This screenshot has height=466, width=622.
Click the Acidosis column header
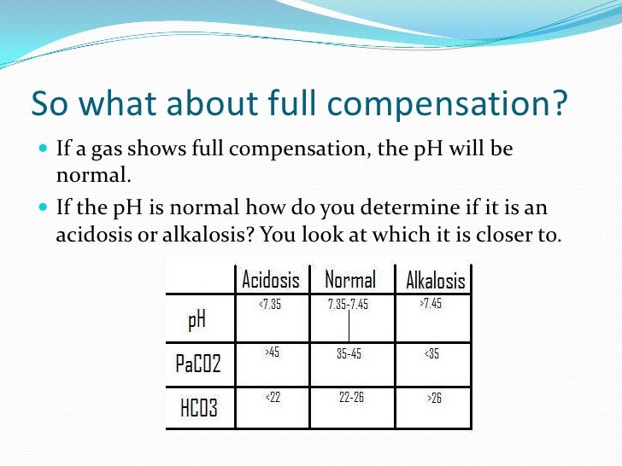click(x=271, y=280)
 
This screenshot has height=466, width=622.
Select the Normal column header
click(x=349, y=280)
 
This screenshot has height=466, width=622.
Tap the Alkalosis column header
click(x=435, y=281)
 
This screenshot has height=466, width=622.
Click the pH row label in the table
click(x=197, y=320)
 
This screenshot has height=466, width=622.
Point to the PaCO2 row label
click(x=198, y=364)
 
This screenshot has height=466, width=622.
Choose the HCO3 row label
click(x=198, y=408)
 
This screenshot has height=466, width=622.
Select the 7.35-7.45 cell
click(x=348, y=305)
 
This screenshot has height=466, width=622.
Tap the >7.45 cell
click(x=431, y=305)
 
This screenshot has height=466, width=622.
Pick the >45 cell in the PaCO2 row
click(x=273, y=352)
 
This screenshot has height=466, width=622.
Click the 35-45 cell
click(x=349, y=353)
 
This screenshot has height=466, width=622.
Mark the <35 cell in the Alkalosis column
click(x=431, y=353)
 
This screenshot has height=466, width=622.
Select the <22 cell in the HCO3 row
click(x=272, y=397)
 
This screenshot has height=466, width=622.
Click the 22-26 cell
click(x=351, y=398)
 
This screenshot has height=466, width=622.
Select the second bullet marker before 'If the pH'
click(x=44, y=207)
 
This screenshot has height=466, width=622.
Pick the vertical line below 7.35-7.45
click(x=349, y=325)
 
